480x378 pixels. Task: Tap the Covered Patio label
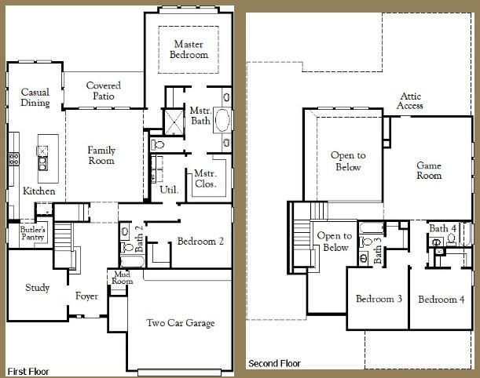coord(103,90)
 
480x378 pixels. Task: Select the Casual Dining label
coord(35,97)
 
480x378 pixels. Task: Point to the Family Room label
coord(101,155)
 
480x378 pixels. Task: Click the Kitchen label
coord(38,191)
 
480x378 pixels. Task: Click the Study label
coord(37,288)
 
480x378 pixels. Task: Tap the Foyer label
coord(86,296)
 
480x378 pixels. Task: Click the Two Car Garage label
coord(181,322)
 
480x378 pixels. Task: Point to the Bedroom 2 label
coord(200,242)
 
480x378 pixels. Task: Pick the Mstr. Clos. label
coord(205,180)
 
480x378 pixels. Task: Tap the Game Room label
coord(429,170)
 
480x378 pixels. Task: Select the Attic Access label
coord(410,100)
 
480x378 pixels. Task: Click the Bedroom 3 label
coord(379,300)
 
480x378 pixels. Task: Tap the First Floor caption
coord(30,369)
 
